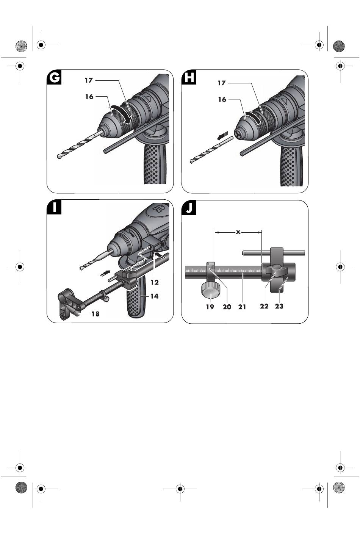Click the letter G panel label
(54, 77)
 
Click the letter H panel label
(189, 77)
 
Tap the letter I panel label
(54, 207)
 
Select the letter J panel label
(189, 207)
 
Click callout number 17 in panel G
(89, 80)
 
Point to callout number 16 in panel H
(222, 99)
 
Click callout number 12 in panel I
(155, 282)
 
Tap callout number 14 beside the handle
(154, 296)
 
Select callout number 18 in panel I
(95, 314)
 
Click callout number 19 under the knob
(210, 307)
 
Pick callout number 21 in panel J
(242, 307)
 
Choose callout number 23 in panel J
(279, 306)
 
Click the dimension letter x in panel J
(238, 232)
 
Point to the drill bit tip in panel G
(59, 157)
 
